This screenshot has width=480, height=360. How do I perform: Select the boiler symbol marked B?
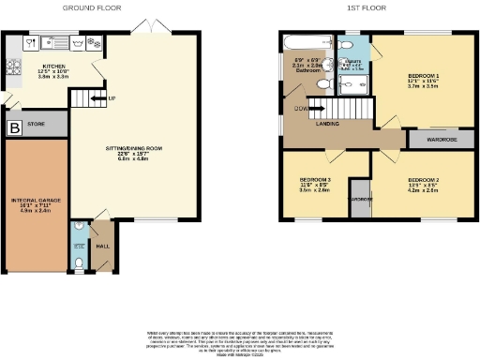click(14, 127)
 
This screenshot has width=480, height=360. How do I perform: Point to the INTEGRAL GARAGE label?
click(36, 200)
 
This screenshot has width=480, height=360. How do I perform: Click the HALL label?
click(101, 247)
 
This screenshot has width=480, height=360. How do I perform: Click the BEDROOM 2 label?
click(423, 179)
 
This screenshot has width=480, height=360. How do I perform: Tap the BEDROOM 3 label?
click(315, 179)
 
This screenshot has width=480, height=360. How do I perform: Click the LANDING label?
click(328, 123)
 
